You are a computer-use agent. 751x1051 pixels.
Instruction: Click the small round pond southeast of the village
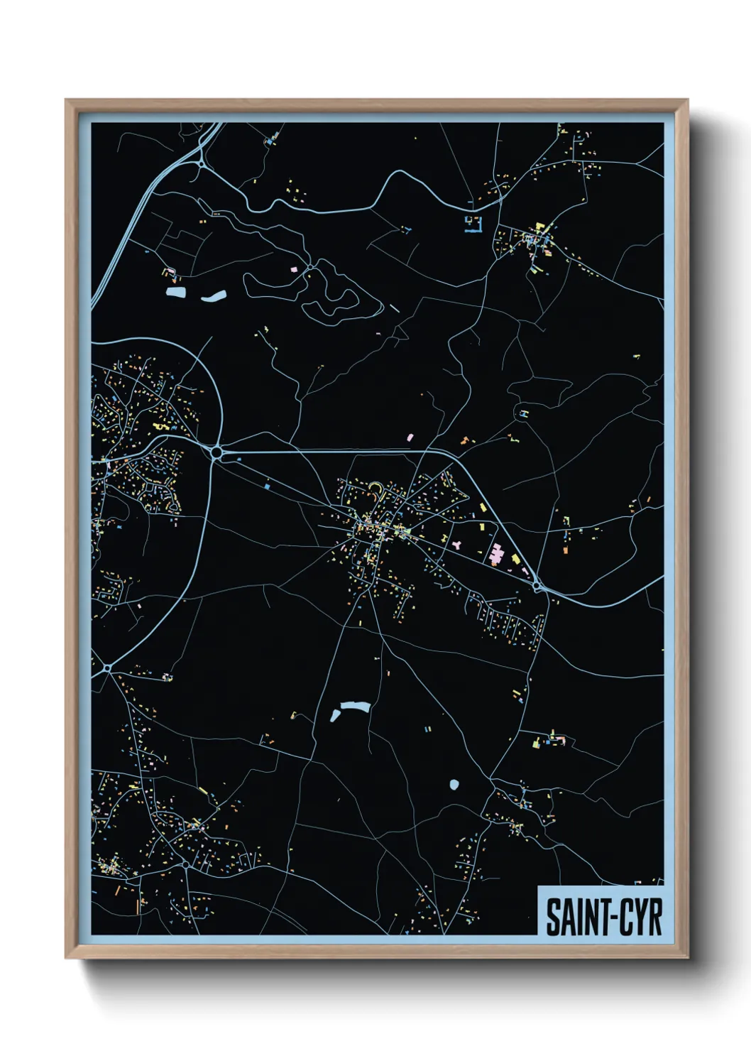454,785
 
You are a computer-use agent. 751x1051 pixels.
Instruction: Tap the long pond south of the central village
355,707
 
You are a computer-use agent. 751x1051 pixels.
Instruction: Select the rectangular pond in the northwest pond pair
175,292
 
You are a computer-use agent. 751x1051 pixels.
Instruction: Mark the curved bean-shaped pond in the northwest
213,296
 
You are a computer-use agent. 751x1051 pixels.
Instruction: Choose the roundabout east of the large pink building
537,586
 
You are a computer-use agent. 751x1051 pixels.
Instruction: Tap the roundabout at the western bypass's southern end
107,668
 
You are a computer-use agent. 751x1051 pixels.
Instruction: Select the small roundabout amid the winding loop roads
310,267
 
